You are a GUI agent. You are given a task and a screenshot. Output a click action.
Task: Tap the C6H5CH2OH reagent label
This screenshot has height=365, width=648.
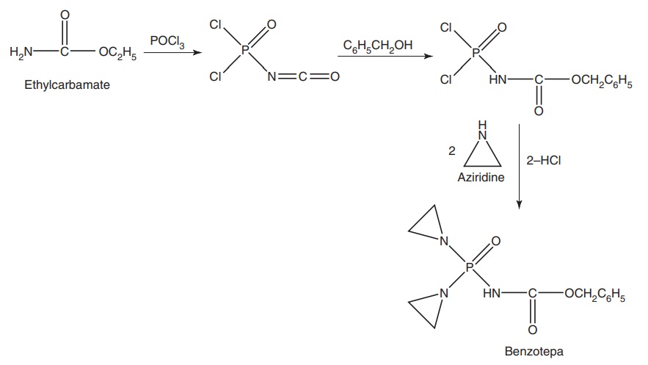pyautogui.click(x=377, y=46)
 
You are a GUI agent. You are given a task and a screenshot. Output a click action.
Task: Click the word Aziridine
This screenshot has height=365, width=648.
pyautogui.click(x=481, y=178)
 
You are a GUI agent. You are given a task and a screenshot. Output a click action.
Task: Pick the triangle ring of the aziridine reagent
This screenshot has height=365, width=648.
pyautogui.click(x=482, y=151)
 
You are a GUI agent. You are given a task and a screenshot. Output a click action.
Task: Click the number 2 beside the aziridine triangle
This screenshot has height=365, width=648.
pyautogui.click(x=452, y=151)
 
